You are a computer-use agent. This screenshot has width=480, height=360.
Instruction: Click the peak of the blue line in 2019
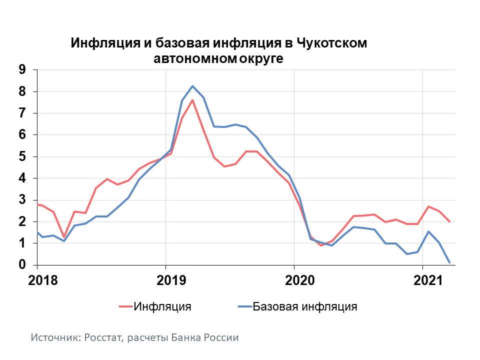[x=192, y=86]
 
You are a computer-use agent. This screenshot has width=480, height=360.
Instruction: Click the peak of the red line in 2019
[x=192, y=100]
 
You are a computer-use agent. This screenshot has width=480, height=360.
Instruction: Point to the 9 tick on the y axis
[x=21, y=70]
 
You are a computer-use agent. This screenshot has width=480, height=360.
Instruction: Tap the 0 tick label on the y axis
[x=21, y=265]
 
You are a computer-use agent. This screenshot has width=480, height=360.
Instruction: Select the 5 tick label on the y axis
[x=21, y=156]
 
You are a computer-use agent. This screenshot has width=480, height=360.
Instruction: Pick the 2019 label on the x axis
[x=166, y=280]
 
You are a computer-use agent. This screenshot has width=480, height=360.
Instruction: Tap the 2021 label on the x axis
[x=423, y=280]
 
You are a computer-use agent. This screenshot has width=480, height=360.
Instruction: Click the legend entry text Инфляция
[x=162, y=306]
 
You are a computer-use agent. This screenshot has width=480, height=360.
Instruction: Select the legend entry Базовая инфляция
[x=305, y=306]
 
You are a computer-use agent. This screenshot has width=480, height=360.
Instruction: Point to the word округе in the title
[x=262, y=58]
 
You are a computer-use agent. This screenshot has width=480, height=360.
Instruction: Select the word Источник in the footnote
[x=53, y=337]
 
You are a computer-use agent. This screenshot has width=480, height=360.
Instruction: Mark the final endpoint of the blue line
[x=449, y=262]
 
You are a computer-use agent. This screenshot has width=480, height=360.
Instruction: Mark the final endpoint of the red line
[x=449, y=221]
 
